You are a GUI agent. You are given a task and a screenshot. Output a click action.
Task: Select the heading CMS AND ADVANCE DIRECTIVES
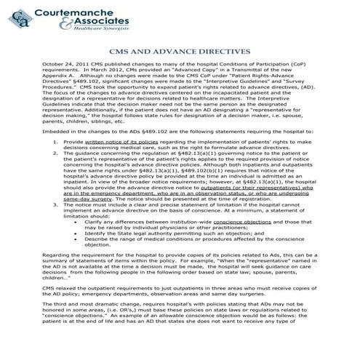point(180,73)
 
